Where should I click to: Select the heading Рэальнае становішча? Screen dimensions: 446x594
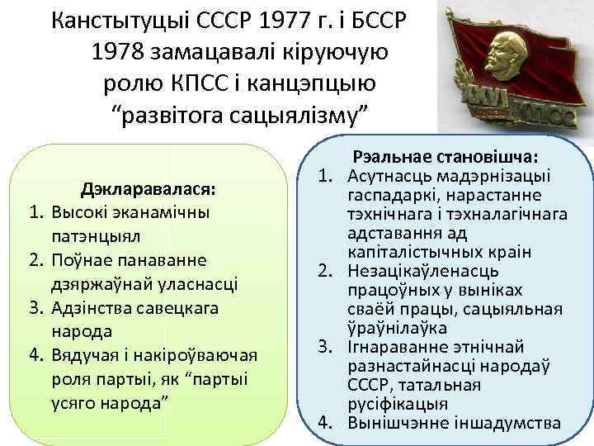(445, 156)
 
